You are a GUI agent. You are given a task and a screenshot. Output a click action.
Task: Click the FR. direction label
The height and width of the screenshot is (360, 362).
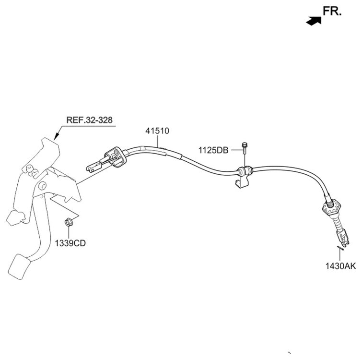coord(332,11)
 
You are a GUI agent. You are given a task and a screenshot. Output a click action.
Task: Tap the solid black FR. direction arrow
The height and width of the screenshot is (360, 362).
coord(314,21)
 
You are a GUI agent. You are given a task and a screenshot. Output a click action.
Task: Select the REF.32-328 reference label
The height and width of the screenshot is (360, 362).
coord(89,120)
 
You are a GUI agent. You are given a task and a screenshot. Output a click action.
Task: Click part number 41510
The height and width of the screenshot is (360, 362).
coord(157,131)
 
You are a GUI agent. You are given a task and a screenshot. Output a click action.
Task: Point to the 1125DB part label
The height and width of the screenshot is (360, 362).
coord(213,150)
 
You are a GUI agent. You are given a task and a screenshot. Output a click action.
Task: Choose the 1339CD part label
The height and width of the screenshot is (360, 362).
coord(70,243)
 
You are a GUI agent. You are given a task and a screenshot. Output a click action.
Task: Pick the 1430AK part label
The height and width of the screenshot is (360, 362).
coord(340,266)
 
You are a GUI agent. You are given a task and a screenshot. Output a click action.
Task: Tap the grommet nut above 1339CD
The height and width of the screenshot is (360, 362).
coord(69,222)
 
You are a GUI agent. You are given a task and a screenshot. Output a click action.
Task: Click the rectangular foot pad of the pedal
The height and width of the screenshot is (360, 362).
coord(19,267)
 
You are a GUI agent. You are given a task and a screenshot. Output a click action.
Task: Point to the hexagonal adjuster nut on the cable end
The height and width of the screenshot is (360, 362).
coord(331,207)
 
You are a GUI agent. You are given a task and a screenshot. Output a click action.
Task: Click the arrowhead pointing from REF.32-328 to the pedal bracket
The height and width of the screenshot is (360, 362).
coord(56,136)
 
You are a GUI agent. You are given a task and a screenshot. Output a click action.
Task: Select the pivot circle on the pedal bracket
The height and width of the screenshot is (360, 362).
coord(42,186)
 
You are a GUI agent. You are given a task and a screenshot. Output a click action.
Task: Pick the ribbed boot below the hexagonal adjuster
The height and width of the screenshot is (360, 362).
coord(337,224)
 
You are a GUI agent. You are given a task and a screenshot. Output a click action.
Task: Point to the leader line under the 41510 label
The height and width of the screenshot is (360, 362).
coord(157,141)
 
